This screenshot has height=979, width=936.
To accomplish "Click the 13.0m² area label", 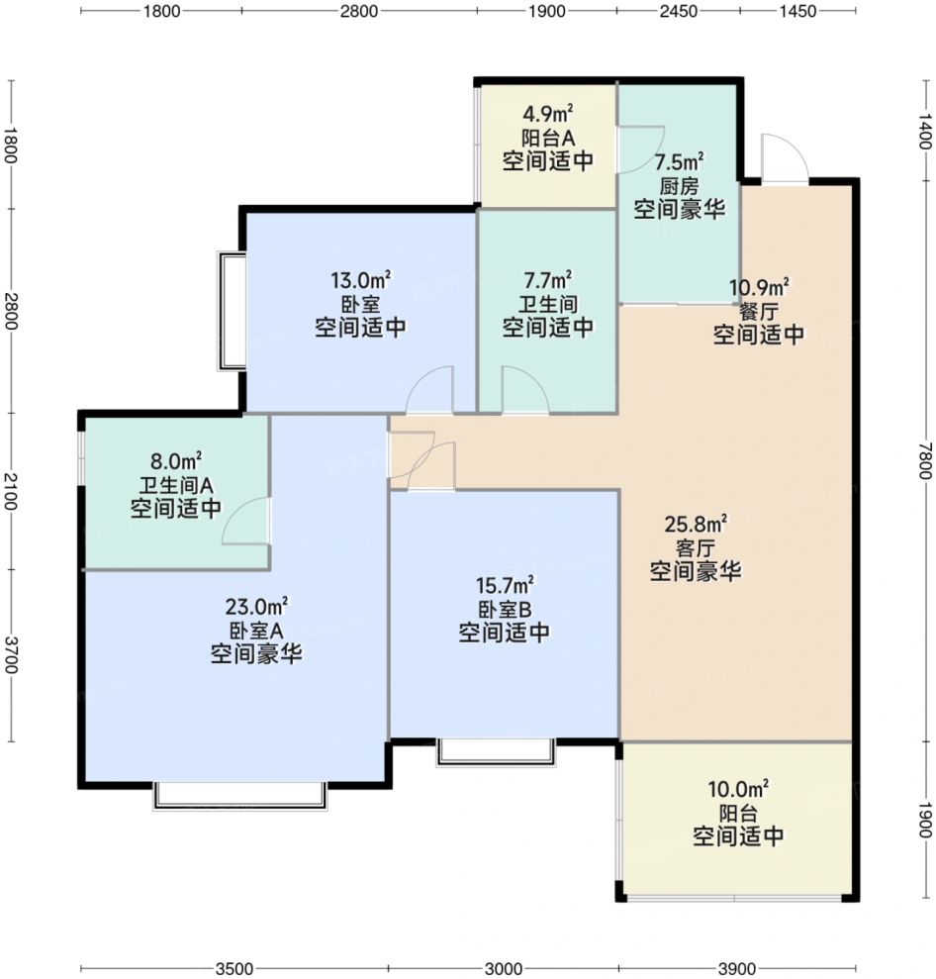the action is (x=361, y=280).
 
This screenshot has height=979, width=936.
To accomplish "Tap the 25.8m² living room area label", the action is (x=696, y=524).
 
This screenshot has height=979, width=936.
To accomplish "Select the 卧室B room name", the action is (x=505, y=609).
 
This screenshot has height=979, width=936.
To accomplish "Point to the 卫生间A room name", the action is (x=175, y=485).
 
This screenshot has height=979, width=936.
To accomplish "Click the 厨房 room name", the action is (x=679, y=185).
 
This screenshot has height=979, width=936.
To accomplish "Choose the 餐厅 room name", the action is (x=758, y=311).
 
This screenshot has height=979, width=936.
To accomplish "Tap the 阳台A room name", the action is (x=548, y=138).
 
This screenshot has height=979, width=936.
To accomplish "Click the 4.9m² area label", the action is (x=548, y=114).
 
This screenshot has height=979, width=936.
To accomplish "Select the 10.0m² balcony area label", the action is (x=737, y=789).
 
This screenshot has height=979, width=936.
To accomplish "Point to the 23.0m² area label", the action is (x=256, y=606).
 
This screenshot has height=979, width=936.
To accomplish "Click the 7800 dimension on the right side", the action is (x=925, y=460).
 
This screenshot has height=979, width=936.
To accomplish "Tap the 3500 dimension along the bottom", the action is (x=234, y=968).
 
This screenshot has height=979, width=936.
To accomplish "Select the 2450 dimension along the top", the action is (x=679, y=11).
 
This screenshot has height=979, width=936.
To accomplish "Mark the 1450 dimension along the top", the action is (x=797, y=11).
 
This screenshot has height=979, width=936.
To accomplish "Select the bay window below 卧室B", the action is (x=496, y=752).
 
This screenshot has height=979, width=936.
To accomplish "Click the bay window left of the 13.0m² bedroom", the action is (x=231, y=310).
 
